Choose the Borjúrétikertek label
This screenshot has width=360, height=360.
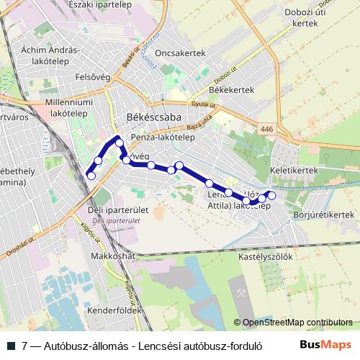point(320,215)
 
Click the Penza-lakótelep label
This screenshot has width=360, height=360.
point(163,138)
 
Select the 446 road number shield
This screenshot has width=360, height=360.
point(268,129)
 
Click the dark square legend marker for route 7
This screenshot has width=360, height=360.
point(10,345)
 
